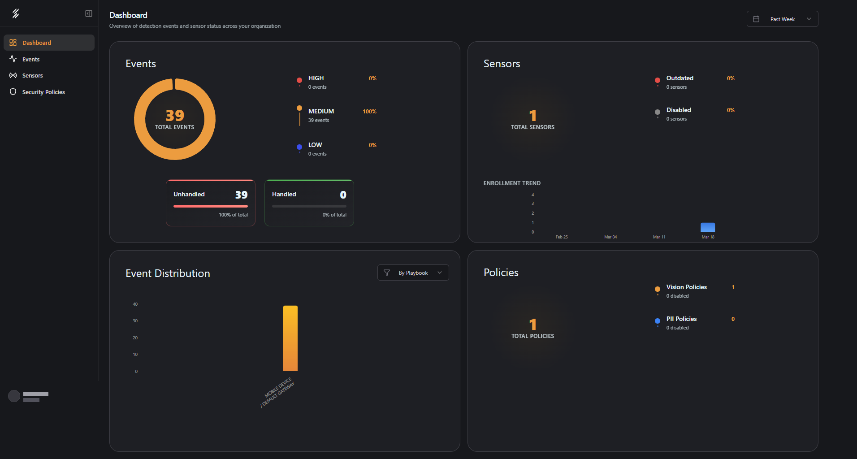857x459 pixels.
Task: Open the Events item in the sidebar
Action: pyautogui.click(x=30, y=59)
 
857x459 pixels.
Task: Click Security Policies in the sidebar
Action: pyautogui.click(x=43, y=92)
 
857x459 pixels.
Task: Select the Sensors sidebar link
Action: pyautogui.click(x=32, y=75)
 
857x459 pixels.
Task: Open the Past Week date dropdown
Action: pyautogui.click(x=782, y=19)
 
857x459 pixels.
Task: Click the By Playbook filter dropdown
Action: pyautogui.click(x=413, y=273)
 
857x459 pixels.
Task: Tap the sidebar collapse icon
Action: pyautogui.click(x=89, y=13)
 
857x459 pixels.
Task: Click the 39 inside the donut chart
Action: pyautogui.click(x=175, y=116)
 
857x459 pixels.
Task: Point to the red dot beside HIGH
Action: pyautogui.click(x=299, y=80)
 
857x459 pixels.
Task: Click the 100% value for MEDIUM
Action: pyautogui.click(x=369, y=112)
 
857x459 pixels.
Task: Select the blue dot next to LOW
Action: pyautogui.click(x=299, y=147)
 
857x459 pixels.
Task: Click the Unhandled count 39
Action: pyautogui.click(x=241, y=195)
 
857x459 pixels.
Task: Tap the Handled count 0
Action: pyautogui.click(x=343, y=195)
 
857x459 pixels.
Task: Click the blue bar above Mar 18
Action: pyautogui.click(x=708, y=227)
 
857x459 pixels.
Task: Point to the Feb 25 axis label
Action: pyautogui.click(x=562, y=237)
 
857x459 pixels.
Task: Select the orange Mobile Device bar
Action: pyautogui.click(x=290, y=338)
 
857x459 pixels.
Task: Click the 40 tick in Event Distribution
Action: pyautogui.click(x=135, y=304)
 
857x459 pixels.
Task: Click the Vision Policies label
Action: pyautogui.click(x=686, y=287)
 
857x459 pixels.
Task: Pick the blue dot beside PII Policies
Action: pyautogui.click(x=658, y=321)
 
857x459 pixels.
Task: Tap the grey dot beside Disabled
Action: pyautogui.click(x=658, y=112)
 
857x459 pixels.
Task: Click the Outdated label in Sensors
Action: pyautogui.click(x=680, y=78)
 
